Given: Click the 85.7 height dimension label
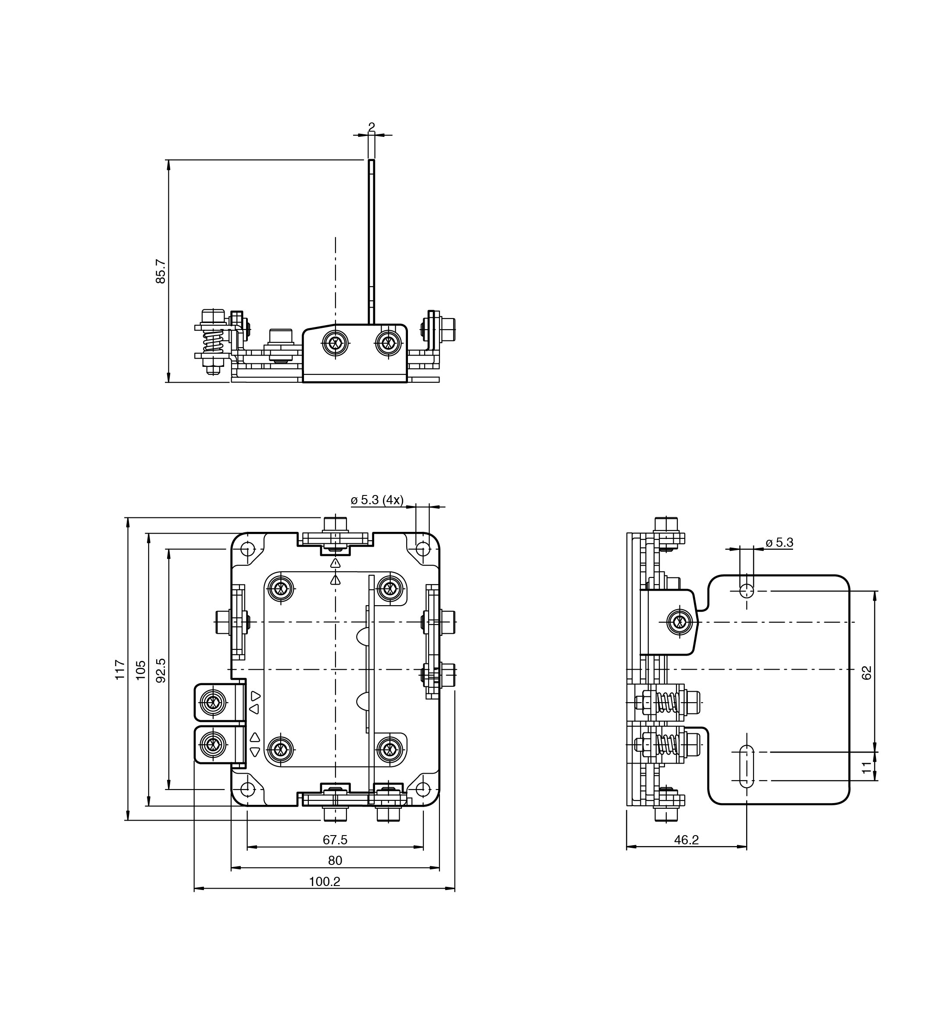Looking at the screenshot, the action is (160, 271).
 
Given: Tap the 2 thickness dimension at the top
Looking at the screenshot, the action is (372, 126).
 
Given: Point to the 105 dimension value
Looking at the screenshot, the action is (141, 670).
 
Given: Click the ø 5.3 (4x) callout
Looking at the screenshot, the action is (377, 500).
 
